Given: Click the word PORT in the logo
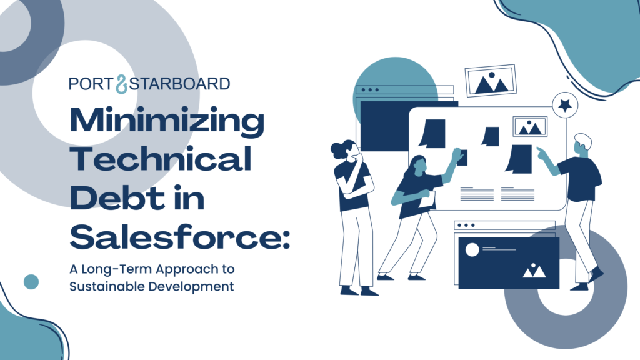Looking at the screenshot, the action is point(91,84).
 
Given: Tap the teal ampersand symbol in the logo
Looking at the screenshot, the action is point(122,84).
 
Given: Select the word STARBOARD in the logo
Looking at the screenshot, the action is point(179,84).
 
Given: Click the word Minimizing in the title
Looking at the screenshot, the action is point(167,121).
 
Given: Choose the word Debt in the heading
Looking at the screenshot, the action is point(117,197).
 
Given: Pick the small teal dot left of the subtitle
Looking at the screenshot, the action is point(31,282).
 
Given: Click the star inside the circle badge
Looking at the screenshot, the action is point(565,105).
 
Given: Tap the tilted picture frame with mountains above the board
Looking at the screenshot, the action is point(491,81).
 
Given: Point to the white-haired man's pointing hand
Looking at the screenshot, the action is point(541,152).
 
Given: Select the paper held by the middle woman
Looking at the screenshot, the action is point(427,199).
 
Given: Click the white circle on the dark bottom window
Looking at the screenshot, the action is point(472,250).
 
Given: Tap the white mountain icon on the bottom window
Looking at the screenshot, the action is point(534,271).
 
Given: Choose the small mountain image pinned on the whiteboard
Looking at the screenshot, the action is point(530,126).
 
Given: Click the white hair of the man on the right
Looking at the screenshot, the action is point(584,140).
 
